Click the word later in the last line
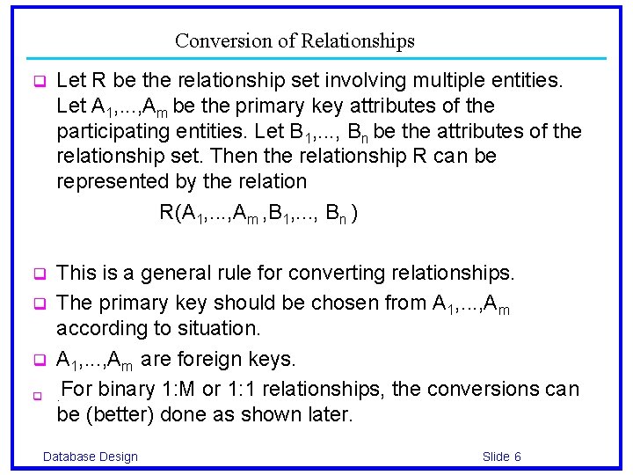(x=330, y=414)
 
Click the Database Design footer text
(x=91, y=456)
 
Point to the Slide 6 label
(x=502, y=456)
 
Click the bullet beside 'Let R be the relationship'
(x=39, y=82)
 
